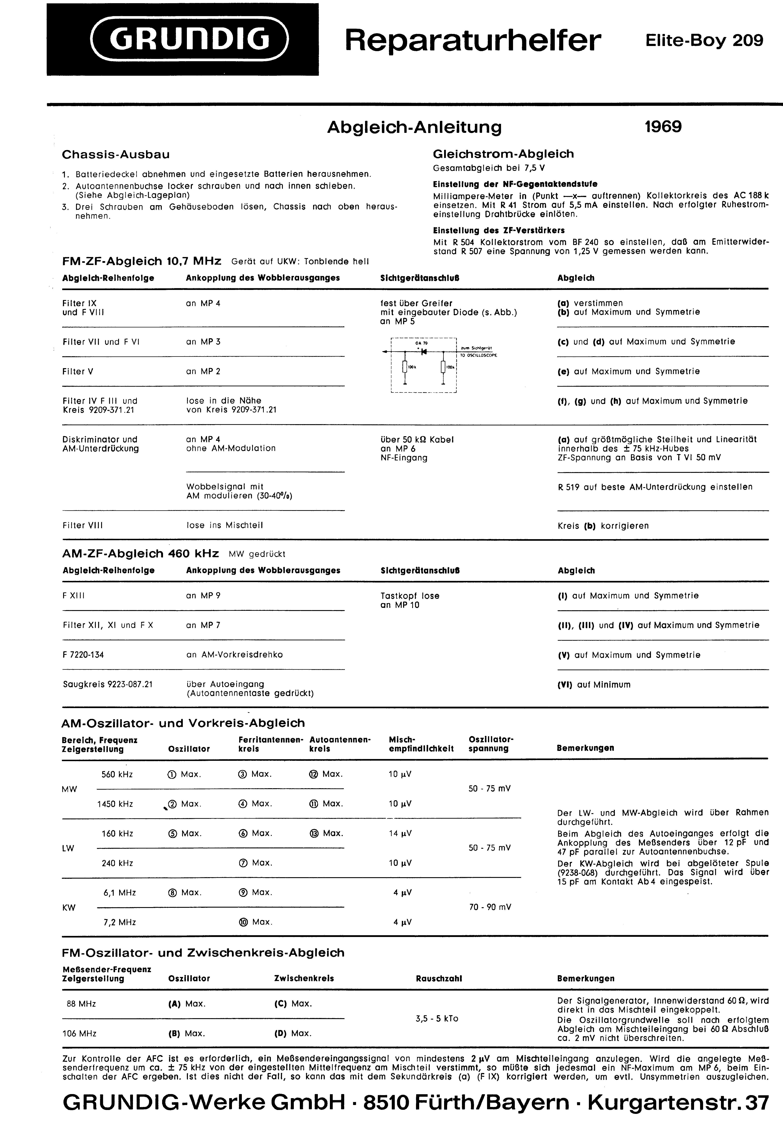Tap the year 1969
tap(663, 127)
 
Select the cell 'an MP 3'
tap(203, 342)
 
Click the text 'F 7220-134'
tap(83, 654)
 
